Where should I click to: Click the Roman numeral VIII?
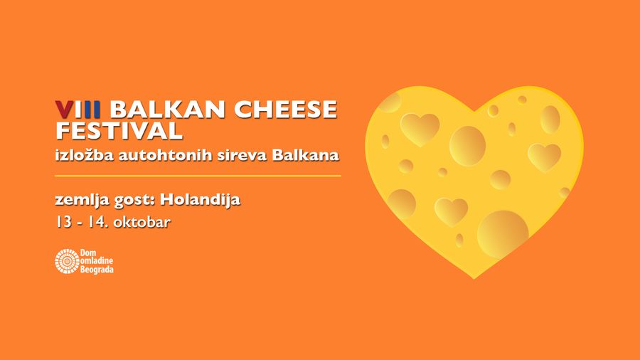(78, 110)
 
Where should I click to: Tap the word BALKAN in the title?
(167, 110)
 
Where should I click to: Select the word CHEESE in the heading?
(285, 110)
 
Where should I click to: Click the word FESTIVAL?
(119, 131)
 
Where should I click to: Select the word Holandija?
(201, 200)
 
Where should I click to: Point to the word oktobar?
(142, 222)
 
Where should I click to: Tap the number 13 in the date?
(64, 222)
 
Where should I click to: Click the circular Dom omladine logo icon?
(67, 261)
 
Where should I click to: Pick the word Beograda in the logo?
(97, 270)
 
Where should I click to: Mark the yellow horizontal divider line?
(198, 176)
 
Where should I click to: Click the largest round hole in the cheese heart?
(503, 234)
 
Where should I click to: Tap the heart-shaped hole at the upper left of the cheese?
(420, 129)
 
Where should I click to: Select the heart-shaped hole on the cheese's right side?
(545, 157)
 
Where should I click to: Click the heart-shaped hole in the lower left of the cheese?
(451, 211)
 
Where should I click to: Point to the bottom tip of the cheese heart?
(474, 279)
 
